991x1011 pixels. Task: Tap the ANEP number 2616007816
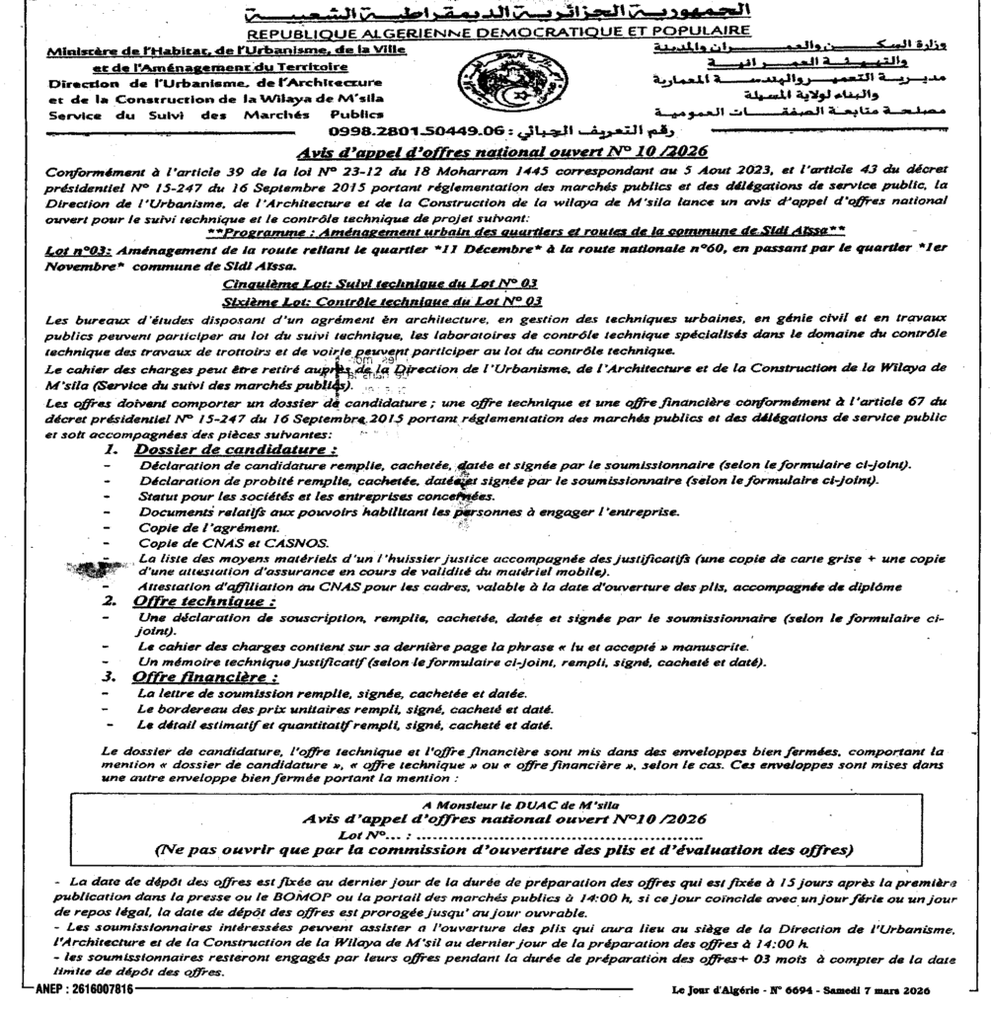[76, 990]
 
